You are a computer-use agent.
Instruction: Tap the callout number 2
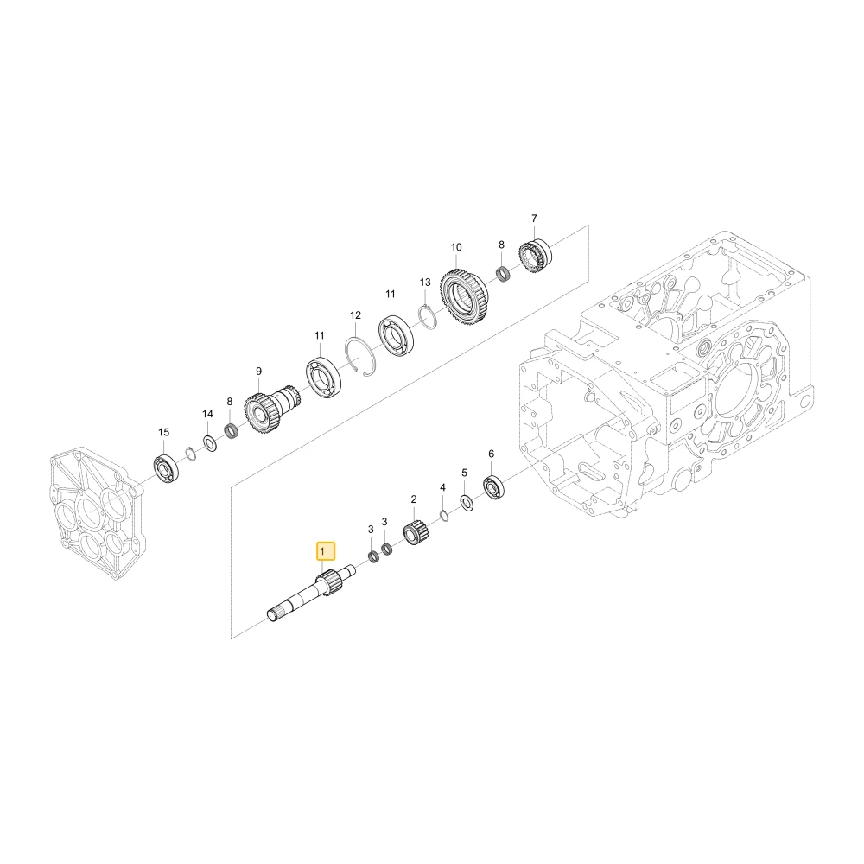(x=414, y=499)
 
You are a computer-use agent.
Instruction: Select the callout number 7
(x=534, y=219)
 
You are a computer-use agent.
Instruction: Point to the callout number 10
(x=456, y=247)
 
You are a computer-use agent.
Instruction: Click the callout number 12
(x=355, y=315)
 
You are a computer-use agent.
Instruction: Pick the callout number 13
(x=425, y=283)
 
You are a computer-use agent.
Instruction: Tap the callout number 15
(x=163, y=433)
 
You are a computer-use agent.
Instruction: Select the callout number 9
(x=258, y=372)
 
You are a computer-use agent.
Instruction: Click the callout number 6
(x=491, y=454)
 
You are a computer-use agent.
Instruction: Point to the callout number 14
(x=207, y=414)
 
